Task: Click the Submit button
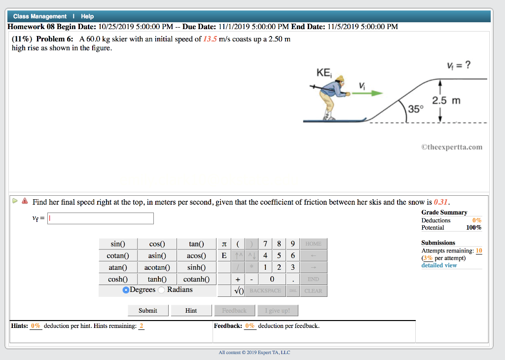pyautogui.click(x=147, y=311)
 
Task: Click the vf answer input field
pyautogui.click(x=101, y=218)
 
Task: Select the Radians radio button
pyautogui.click(x=163, y=290)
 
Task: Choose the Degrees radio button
pyautogui.click(x=126, y=290)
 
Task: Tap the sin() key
pyautogui.click(x=118, y=244)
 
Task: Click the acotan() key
pyautogui.click(x=157, y=267)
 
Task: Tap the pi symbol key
pyautogui.click(x=224, y=244)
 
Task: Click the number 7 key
pyautogui.click(x=265, y=244)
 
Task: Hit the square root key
pyautogui.click(x=239, y=291)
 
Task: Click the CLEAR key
pyautogui.click(x=313, y=291)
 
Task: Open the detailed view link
pyautogui.click(x=439, y=265)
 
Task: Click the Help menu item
pyautogui.click(x=87, y=16)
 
